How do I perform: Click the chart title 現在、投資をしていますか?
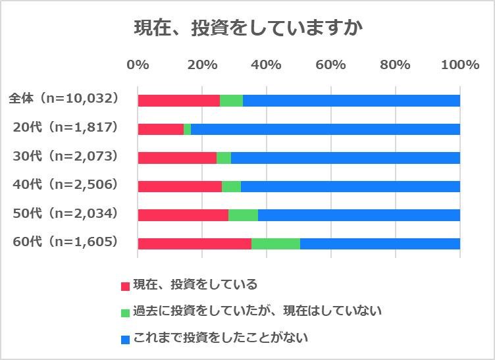click(x=248, y=29)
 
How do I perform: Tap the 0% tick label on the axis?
click(x=138, y=64)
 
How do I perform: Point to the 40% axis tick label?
click(x=266, y=64)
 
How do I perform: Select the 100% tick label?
click(x=459, y=64)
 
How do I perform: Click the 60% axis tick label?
click(x=330, y=64)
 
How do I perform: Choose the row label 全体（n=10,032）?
click(x=63, y=99)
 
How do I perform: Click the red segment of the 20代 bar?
click(x=161, y=129)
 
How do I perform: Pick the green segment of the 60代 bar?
click(x=275, y=244)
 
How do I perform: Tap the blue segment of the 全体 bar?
click(x=351, y=101)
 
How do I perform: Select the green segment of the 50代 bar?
click(x=243, y=215)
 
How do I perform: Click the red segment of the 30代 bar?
click(x=177, y=158)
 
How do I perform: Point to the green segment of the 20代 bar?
click(x=188, y=129)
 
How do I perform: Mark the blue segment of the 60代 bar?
click(x=380, y=244)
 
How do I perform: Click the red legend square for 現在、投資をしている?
click(x=125, y=286)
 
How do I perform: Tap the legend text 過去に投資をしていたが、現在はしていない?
click(x=257, y=310)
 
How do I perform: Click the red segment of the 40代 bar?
click(x=180, y=186)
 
